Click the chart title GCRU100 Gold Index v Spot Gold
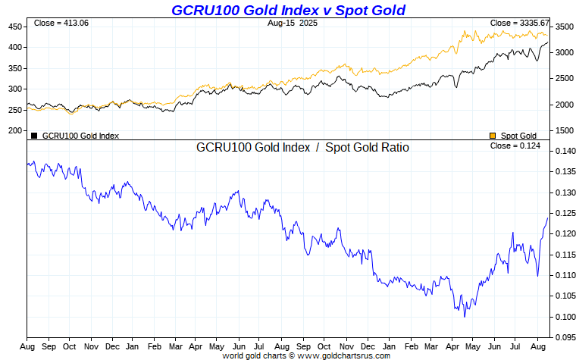(x=288, y=10)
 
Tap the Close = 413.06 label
(x=61, y=23)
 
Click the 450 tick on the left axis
(x=15, y=27)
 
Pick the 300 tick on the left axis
(x=15, y=89)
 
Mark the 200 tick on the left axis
(x=15, y=130)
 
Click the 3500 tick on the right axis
(x=564, y=27)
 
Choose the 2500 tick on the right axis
(x=564, y=78)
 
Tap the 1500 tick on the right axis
(x=564, y=130)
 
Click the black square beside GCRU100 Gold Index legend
(x=34, y=136)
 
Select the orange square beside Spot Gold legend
(x=493, y=136)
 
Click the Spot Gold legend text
(x=518, y=136)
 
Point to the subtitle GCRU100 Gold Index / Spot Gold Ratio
(x=302, y=148)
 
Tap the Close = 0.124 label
(x=515, y=146)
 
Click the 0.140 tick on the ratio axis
(x=565, y=152)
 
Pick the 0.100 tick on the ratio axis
(x=565, y=316)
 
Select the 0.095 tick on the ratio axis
(x=565, y=337)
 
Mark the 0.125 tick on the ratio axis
(x=565, y=213)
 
